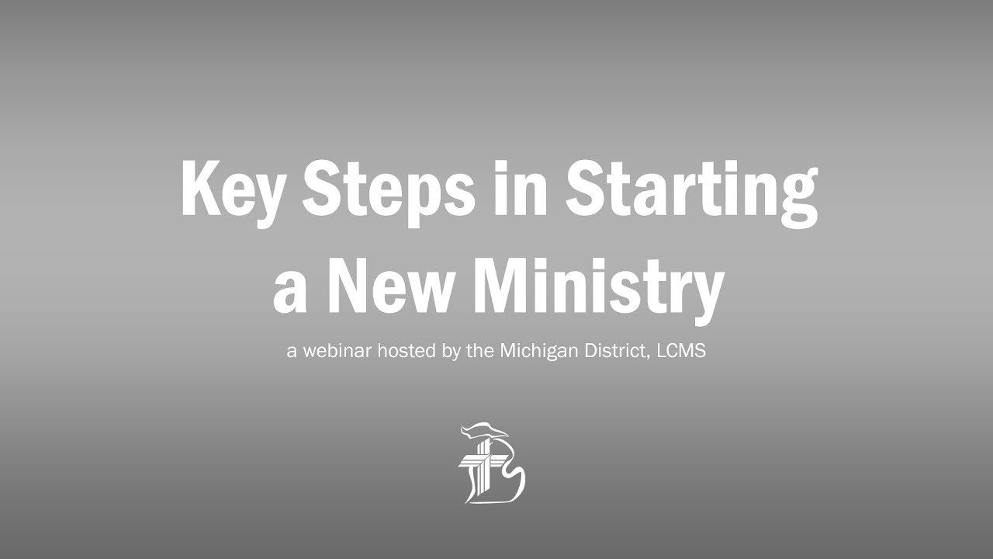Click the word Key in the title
(232, 190)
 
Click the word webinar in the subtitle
(337, 351)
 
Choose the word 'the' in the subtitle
(481, 351)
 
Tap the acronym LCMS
(680, 351)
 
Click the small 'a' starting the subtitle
(292, 352)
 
